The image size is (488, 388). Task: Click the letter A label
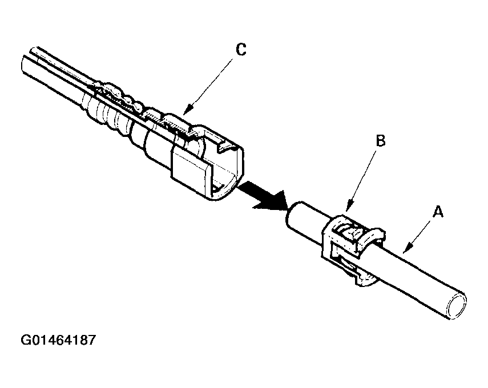(x=438, y=212)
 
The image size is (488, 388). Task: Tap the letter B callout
(x=381, y=140)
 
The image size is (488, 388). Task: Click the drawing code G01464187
(x=58, y=341)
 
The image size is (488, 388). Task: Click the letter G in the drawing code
(x=26, y=341)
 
